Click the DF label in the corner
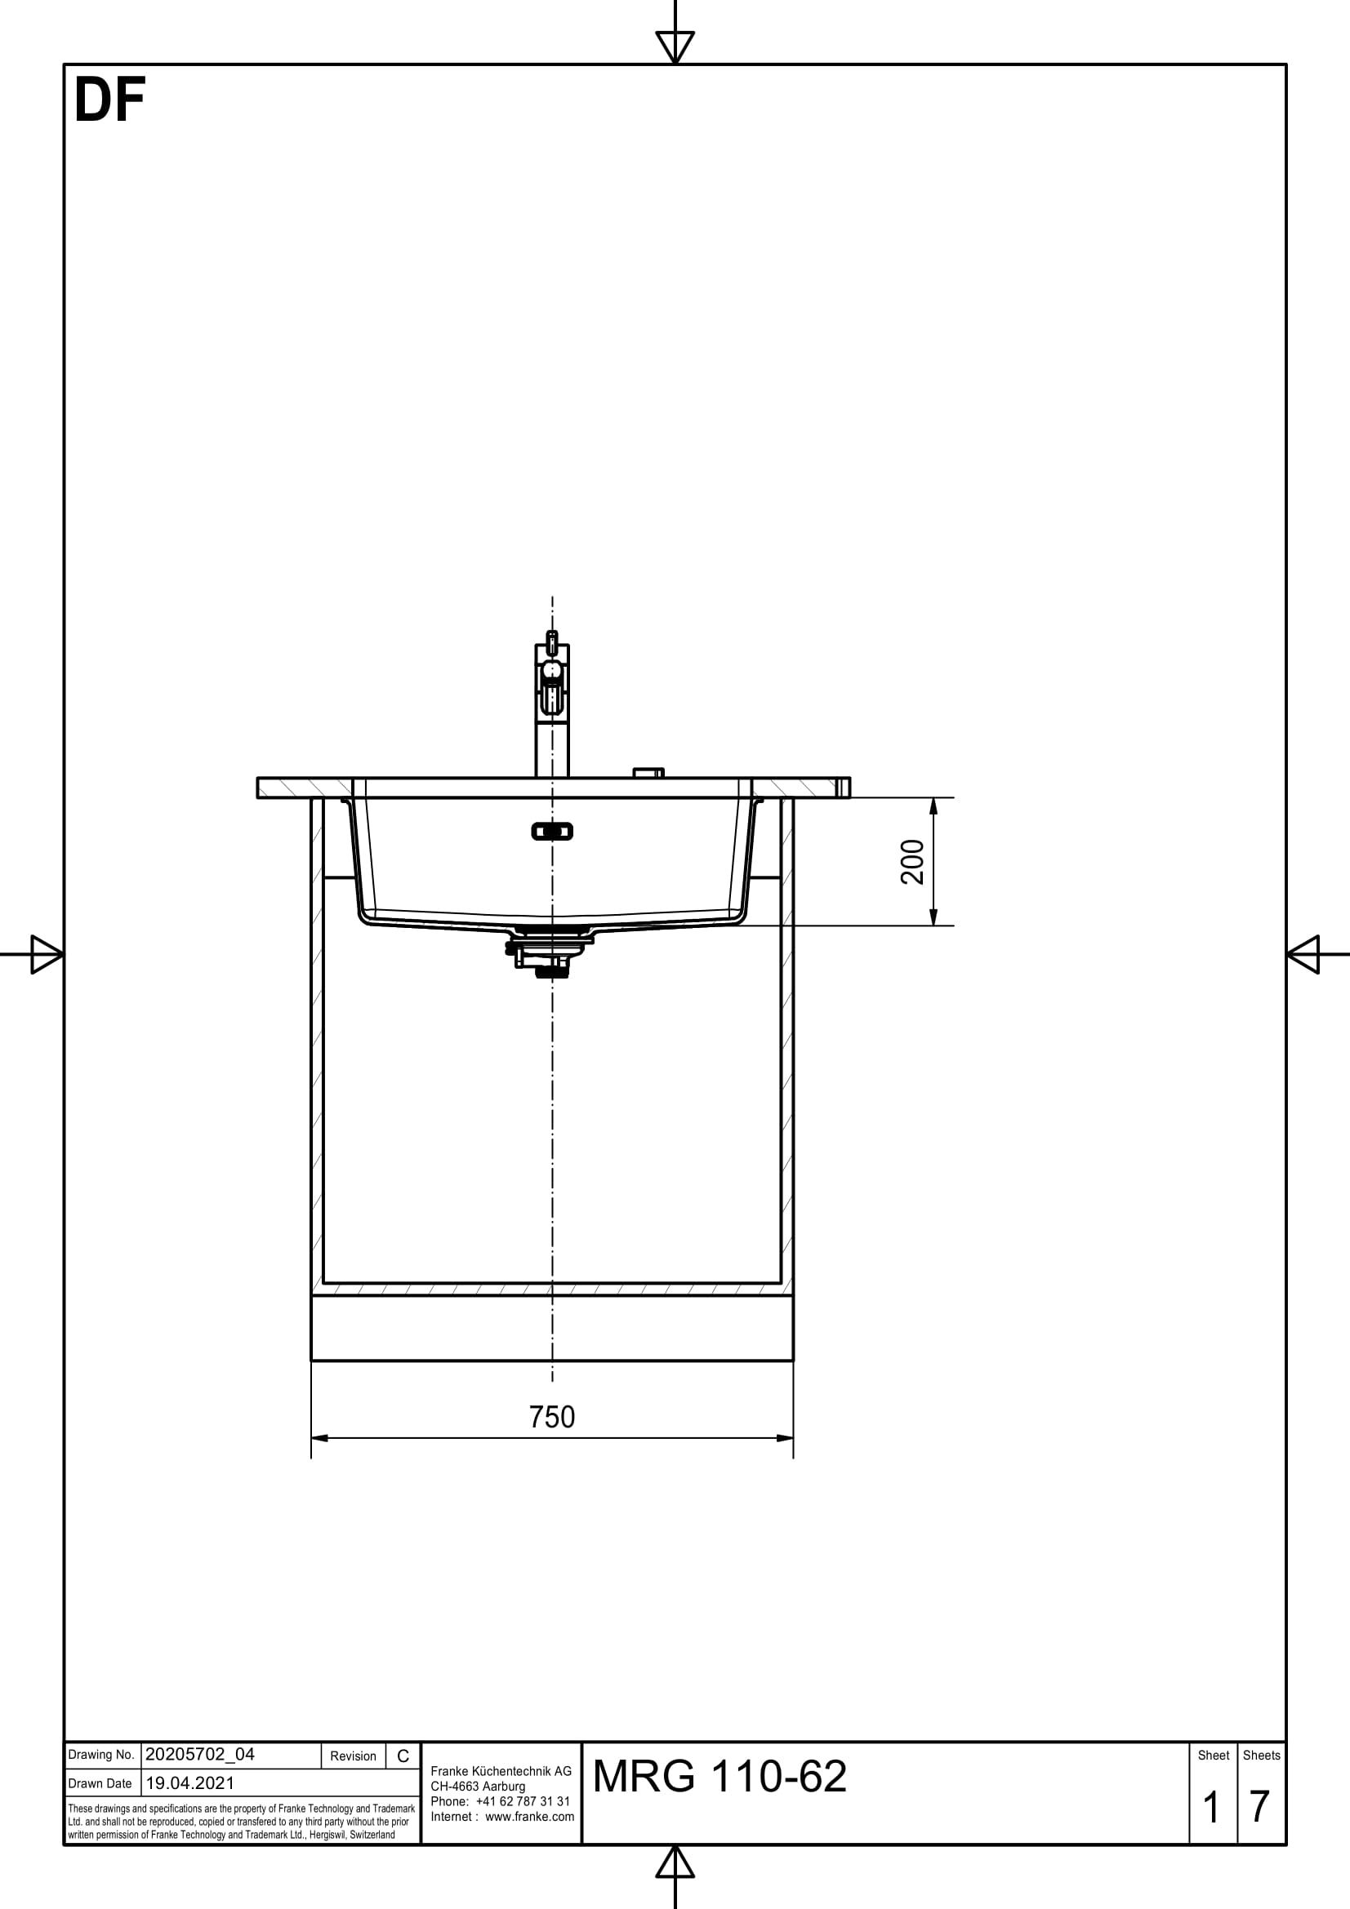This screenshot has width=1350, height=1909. point(109,100)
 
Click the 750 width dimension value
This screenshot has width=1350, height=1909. point(551,1417)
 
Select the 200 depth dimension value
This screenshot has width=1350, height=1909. point(912,861)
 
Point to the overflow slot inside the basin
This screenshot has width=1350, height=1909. point(551,831)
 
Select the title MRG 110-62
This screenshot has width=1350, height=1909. point(720,1776)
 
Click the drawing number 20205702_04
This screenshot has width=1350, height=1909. point(199,1755)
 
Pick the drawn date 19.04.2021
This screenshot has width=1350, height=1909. point(189,1782)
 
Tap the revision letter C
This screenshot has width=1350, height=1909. point(403,1756)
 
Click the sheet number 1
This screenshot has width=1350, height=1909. point(1211,1807)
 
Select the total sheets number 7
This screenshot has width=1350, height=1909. point(1259,1807)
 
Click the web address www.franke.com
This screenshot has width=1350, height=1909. point(529,1817)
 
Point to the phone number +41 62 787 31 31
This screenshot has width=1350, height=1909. point(523,1802)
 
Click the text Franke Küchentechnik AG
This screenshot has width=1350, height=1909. point(501,1772)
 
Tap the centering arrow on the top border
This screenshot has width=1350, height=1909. point(675,46)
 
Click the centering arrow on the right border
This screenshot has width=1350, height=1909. point(1304,953)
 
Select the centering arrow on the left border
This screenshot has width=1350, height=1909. point(46,953)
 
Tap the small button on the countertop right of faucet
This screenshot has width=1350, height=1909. point(648,772)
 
